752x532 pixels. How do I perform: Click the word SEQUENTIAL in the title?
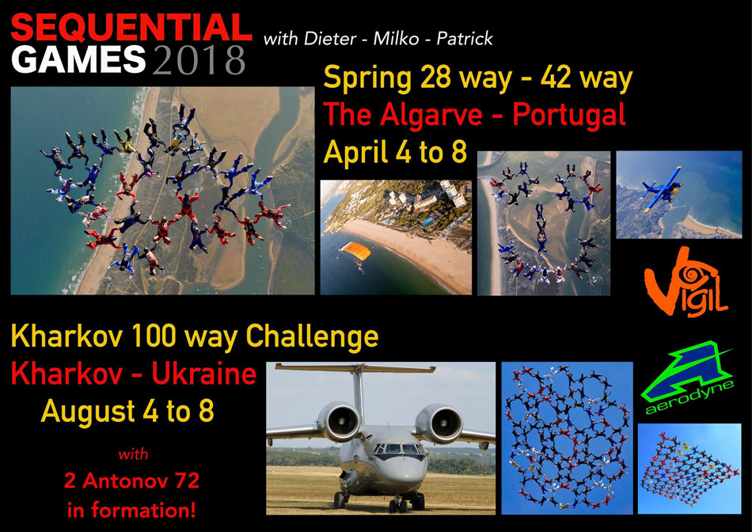tap(131, 28)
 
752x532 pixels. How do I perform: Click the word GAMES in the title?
tap(78, 59)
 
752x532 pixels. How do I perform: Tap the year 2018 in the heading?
tap(199, 60)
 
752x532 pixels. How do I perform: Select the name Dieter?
tap(329, 38)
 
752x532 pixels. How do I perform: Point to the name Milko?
tap(396, 38)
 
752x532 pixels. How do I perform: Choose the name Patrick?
tap(464, 38)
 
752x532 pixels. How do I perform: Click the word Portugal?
tap(569, 116)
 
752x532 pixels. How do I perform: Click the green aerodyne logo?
tap(687, 378)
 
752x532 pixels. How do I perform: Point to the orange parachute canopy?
tap(355, 251)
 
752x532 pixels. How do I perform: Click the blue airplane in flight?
tap(663, 189)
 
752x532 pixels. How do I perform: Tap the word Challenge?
tap(312, 336)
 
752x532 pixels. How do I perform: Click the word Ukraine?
tap(203, 374)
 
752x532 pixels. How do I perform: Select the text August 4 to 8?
tap(127, 411)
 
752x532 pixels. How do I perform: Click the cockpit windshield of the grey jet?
tap(399, 449)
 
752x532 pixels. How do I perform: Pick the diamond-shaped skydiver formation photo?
tap(689, 469)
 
